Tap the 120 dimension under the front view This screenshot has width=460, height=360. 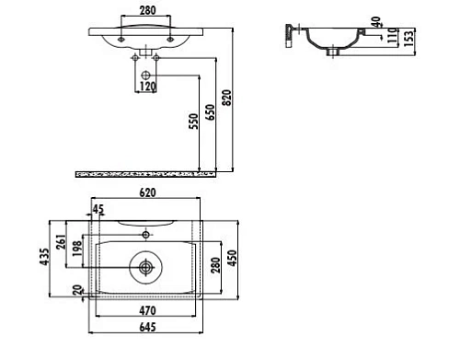148,87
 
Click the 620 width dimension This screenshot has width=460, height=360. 148,192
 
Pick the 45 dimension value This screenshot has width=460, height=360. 99,209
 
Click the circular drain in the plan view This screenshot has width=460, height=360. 144,268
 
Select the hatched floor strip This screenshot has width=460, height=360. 147,173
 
